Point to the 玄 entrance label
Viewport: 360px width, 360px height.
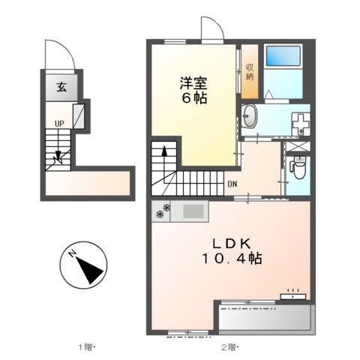(x=60, y=86)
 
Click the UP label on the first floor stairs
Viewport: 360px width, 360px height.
(x=58, y=124)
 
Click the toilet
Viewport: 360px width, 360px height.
(x=298, y=166)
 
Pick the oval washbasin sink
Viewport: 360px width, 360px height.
(x=250, y=116)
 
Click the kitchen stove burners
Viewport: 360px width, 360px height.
(x=162, y=212)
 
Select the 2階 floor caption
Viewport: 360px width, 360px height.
(x=229, y=346)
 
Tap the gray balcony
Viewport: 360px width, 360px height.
(x=264, y=316)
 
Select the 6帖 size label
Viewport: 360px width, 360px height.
(x=193, y=97)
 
